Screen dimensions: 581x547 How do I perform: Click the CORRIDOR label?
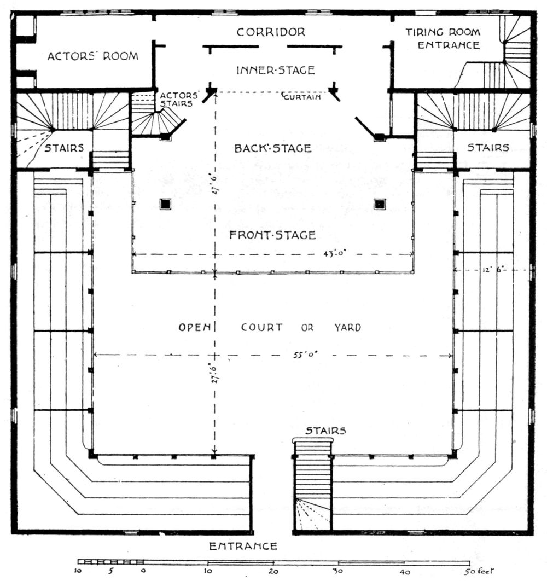point(271,32)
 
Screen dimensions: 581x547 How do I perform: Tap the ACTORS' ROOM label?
point(92,56)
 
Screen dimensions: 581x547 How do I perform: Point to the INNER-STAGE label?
point(275,70)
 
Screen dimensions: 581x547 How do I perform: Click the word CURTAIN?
point(301,97)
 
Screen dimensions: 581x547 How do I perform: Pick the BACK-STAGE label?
point(273,148)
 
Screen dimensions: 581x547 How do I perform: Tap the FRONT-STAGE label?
point(272,235)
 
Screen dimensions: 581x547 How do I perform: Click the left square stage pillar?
point(165,204)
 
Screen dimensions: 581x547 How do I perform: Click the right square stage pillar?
point(379,204)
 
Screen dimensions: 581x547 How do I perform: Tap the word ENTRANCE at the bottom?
point(244,545)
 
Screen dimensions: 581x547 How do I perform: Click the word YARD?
point(348,328)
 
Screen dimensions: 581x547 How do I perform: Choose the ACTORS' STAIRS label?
point(176,99)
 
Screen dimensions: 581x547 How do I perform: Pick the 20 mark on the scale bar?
point(273,571)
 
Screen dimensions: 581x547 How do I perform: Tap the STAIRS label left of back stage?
point(65,148)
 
